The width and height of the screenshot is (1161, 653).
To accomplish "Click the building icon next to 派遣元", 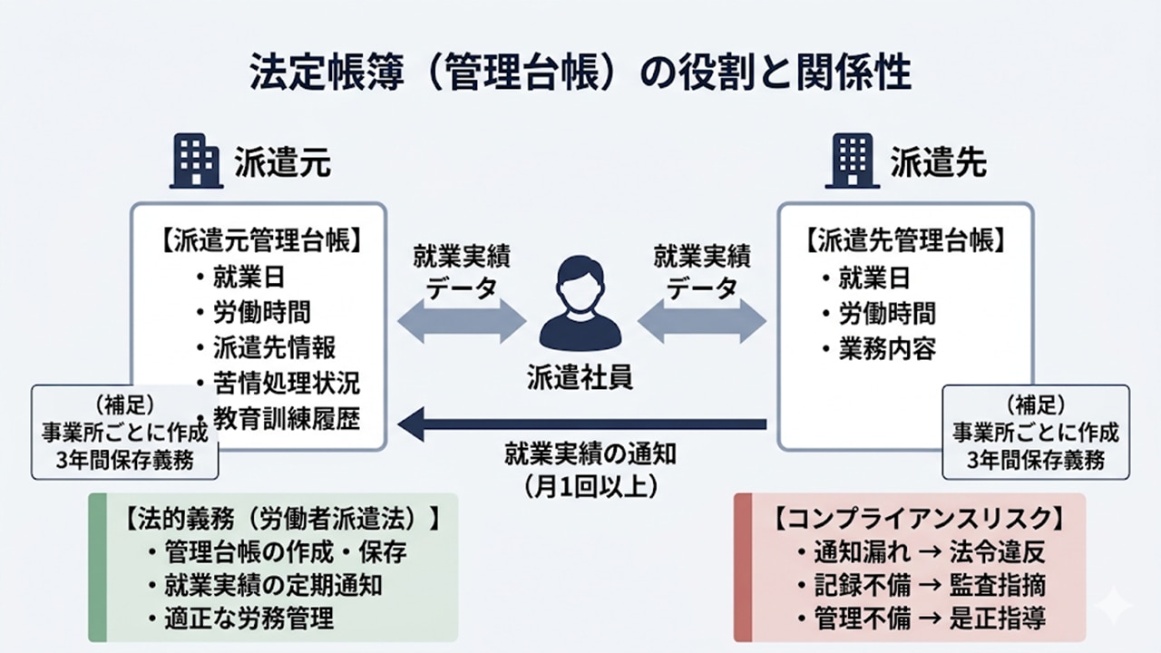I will tap(195, 161).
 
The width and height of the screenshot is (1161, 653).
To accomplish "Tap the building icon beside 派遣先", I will tap(850, 161).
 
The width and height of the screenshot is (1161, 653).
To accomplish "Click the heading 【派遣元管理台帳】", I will tap(262, 242).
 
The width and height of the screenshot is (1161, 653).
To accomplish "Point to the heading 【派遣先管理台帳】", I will tap(906, 242).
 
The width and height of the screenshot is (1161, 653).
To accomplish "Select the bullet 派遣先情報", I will tap(275, 347).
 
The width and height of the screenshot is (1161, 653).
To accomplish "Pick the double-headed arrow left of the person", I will tap(462, 323).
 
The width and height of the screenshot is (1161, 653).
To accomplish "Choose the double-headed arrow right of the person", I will tap(702, 323).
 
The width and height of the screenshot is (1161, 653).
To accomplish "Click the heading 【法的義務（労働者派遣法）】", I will tap(280, 519).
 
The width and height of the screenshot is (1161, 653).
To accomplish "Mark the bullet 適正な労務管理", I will tap(249, 619).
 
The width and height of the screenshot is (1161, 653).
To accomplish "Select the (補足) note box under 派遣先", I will tap(1036, 431).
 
